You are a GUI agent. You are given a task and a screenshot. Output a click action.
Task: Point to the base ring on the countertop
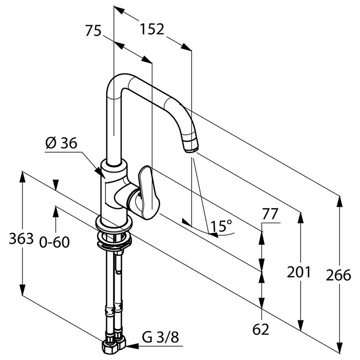[114, 224]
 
